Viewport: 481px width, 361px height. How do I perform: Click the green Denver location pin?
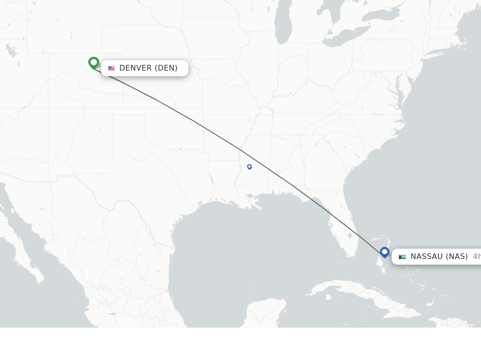[93, 62]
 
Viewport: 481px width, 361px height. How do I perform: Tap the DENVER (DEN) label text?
[148, 68]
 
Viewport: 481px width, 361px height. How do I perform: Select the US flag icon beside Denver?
[111, 68]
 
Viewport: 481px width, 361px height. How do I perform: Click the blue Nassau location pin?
[385, 252]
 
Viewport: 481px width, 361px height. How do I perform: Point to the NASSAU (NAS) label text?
[439, 257]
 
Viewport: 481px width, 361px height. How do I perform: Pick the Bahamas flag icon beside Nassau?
[402, 257]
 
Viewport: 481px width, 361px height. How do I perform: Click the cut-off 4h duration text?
[476, 257]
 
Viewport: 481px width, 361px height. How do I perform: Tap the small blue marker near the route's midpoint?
[249, 166]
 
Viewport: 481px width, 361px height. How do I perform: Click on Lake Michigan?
[283, 26]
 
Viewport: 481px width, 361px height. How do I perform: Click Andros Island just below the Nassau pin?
[382, 263]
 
